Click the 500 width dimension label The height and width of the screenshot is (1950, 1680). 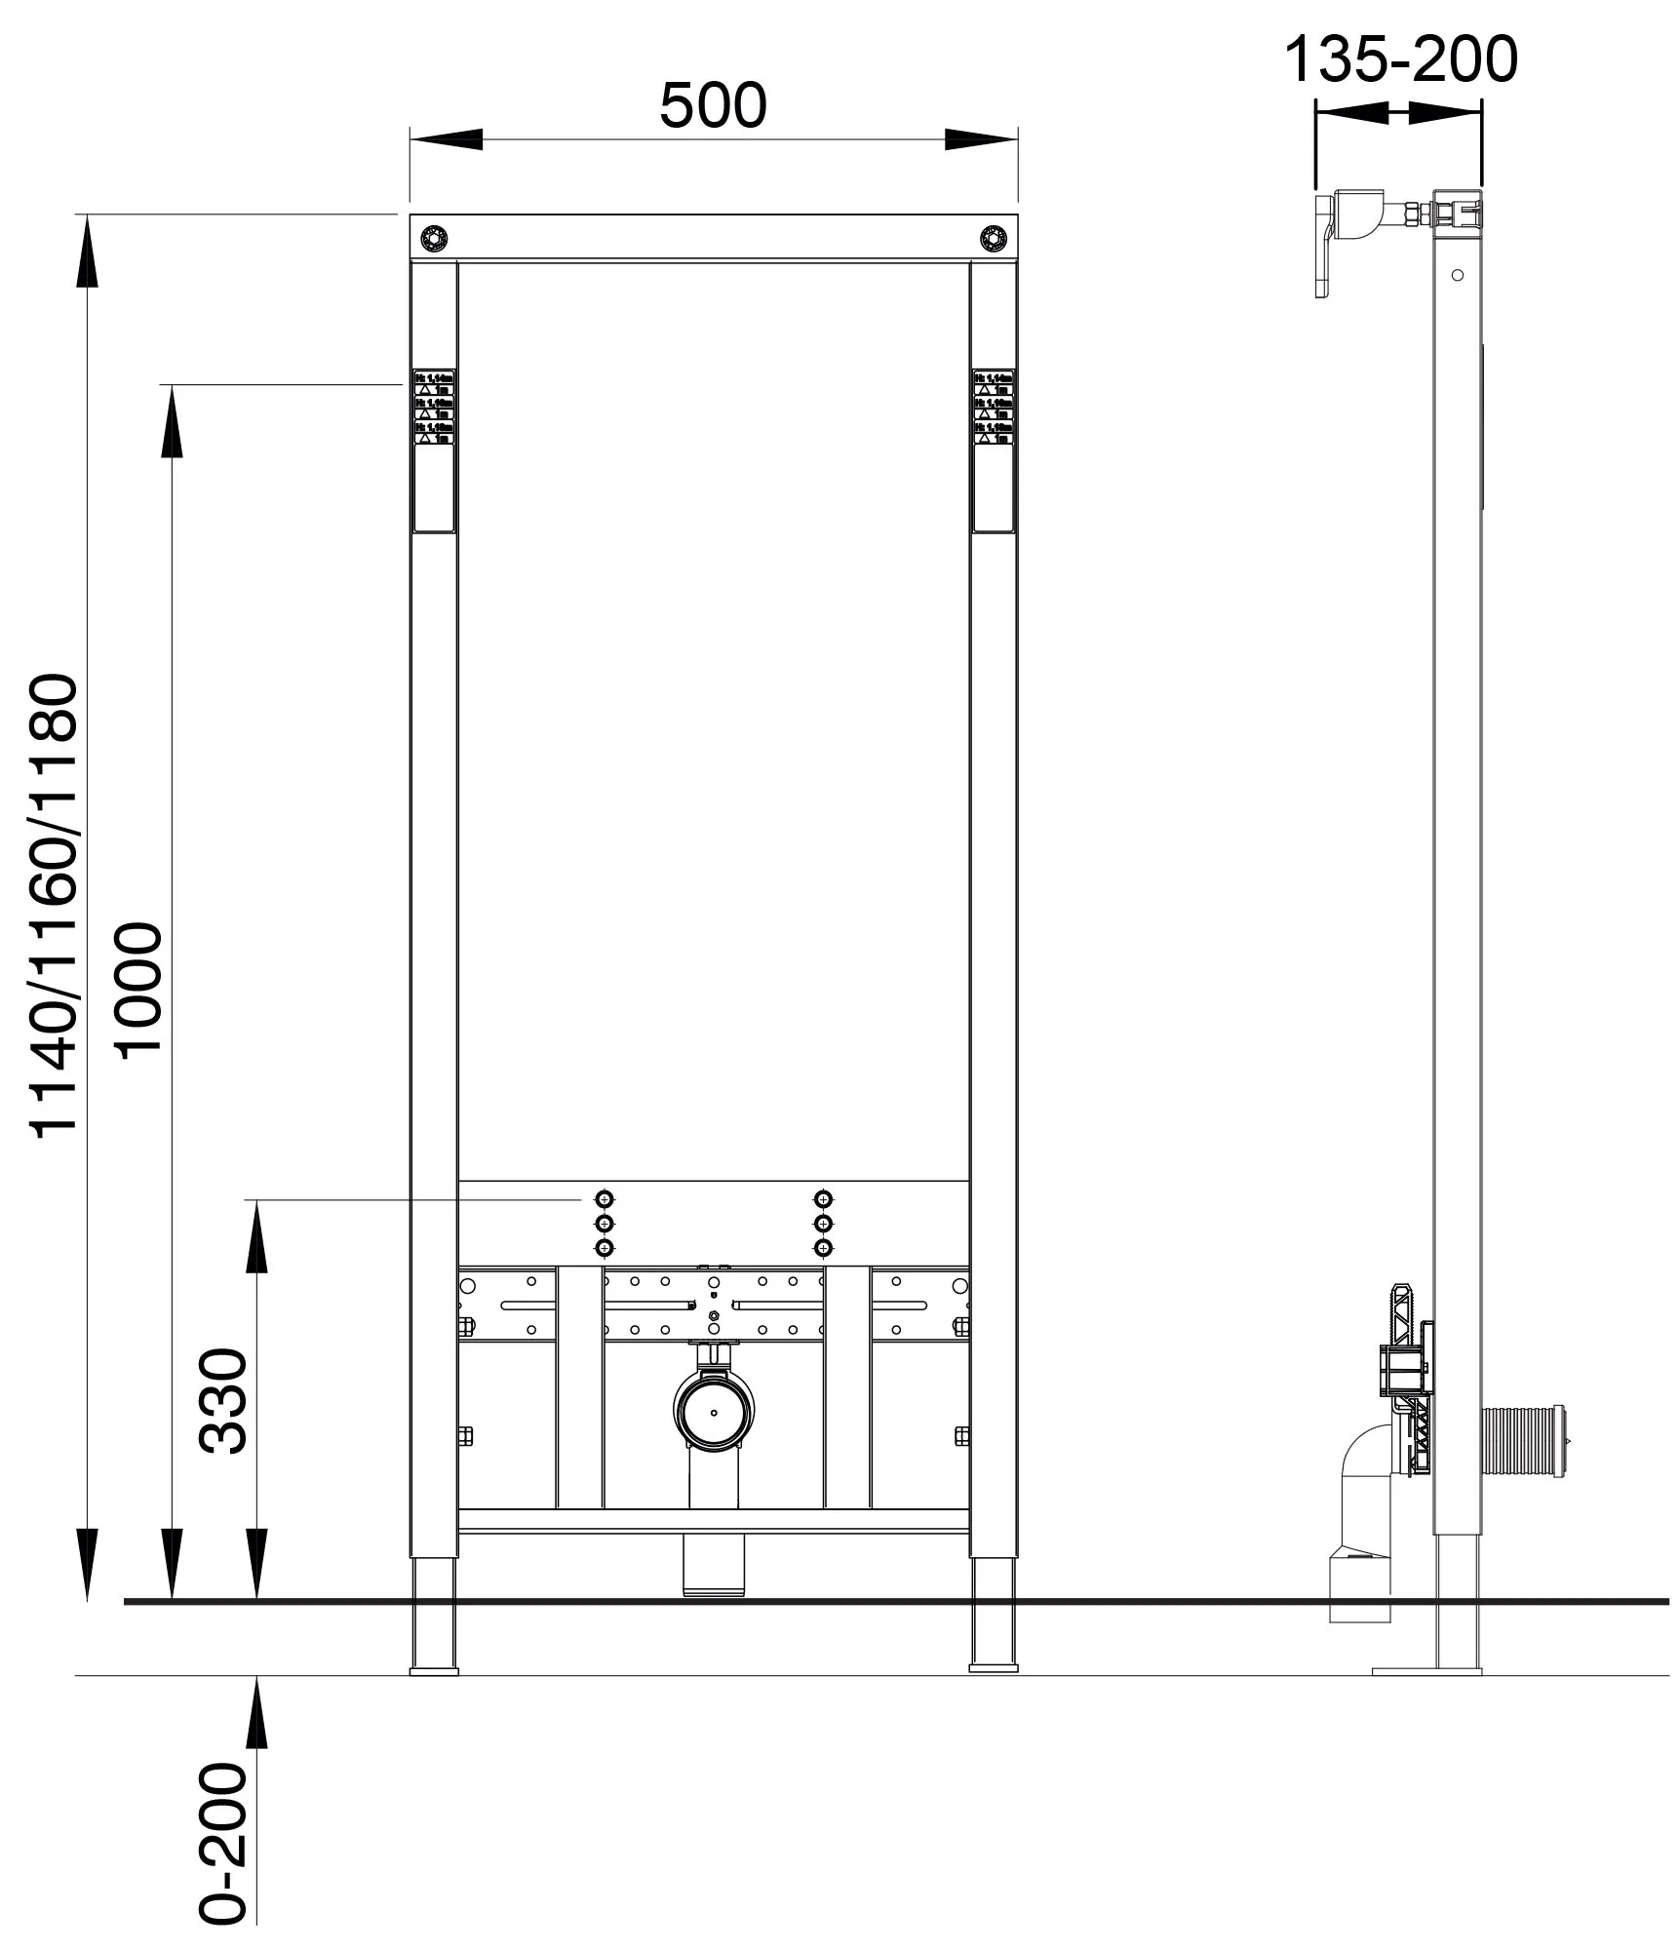tap(713, 105)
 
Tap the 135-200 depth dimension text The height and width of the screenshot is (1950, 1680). tap(1400, 59)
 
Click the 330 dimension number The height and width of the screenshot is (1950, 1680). tap(224, 1400)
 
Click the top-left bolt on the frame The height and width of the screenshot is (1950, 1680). tap(433, 237)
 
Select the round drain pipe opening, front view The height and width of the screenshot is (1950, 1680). tap(714, 1412)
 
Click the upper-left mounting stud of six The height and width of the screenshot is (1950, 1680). tap(605, 1198)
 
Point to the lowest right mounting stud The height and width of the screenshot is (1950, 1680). tap(824, 1248)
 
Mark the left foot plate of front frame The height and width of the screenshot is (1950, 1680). tap(434, 1670)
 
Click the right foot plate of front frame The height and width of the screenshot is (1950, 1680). tap(993, 1670)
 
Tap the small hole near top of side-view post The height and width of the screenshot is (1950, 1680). tap(1457, 275)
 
